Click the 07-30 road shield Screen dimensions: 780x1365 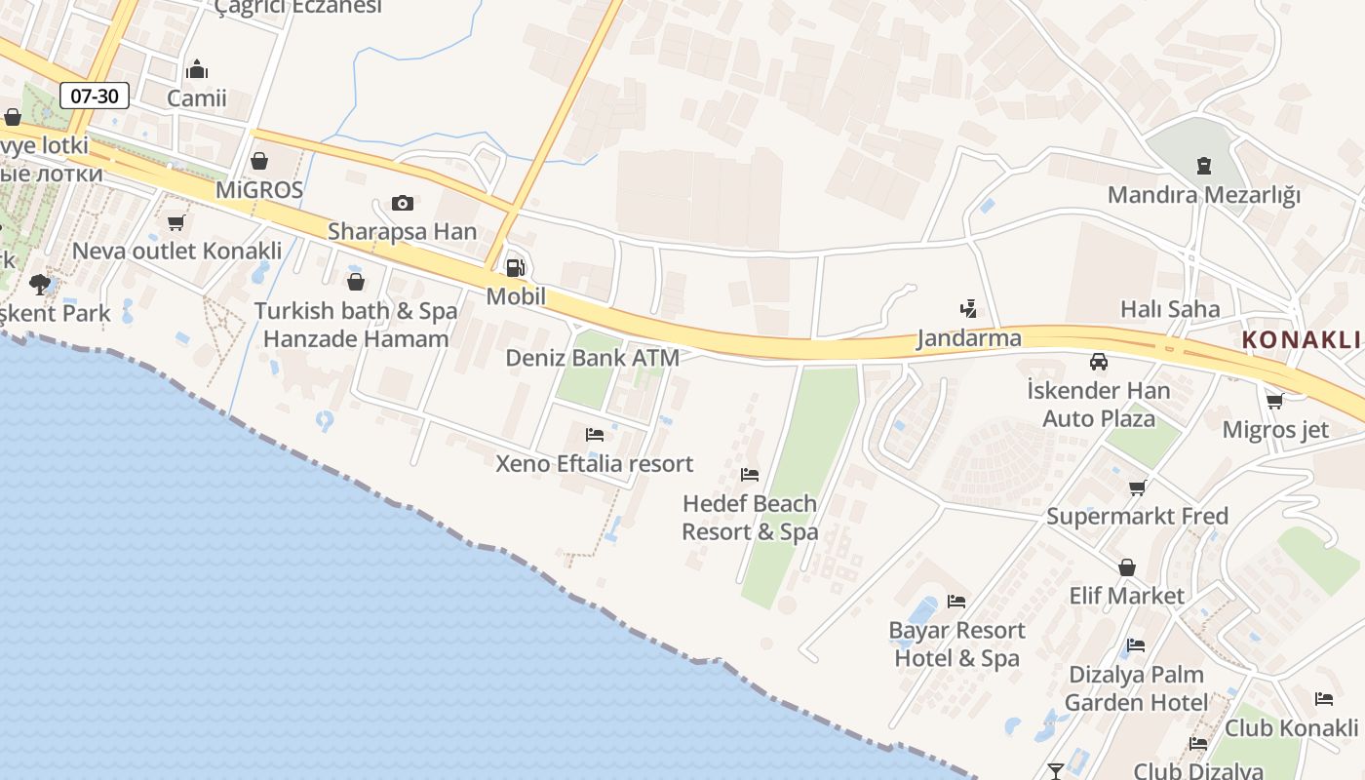[x=95, y=96]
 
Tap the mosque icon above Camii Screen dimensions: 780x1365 [x=197, y=69]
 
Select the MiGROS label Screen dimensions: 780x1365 [x=259, y=189]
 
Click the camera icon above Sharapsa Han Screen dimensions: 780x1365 [x=402, y=203]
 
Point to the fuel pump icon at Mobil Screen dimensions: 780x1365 [x=515, y=267]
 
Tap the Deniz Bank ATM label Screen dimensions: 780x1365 [x=592, y=358]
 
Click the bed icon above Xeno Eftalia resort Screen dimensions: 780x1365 [x=595, y=434]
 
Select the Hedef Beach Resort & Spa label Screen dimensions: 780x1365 [x=750, y=518]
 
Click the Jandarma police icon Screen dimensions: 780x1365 [x=968, y=309]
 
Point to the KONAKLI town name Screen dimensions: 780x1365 [x=1302, y=340]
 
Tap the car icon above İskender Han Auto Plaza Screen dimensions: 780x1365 [x=1099, y=362]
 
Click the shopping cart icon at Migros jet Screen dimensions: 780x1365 [x=1274, y=401]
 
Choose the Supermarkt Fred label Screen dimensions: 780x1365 [x=1137, y=516]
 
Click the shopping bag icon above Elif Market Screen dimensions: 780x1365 [x=1127, y=567]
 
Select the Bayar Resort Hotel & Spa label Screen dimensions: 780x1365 [x=956, y=644]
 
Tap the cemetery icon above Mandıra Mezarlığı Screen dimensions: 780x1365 [x=1204, y=165]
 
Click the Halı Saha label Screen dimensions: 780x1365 [x=1170, y=309]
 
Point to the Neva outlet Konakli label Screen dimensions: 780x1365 [x=177, y=251]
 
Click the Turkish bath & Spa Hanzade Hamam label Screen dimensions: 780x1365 [x=356, y=325]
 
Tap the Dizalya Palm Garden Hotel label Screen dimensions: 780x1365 [x=1136, y=688]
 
